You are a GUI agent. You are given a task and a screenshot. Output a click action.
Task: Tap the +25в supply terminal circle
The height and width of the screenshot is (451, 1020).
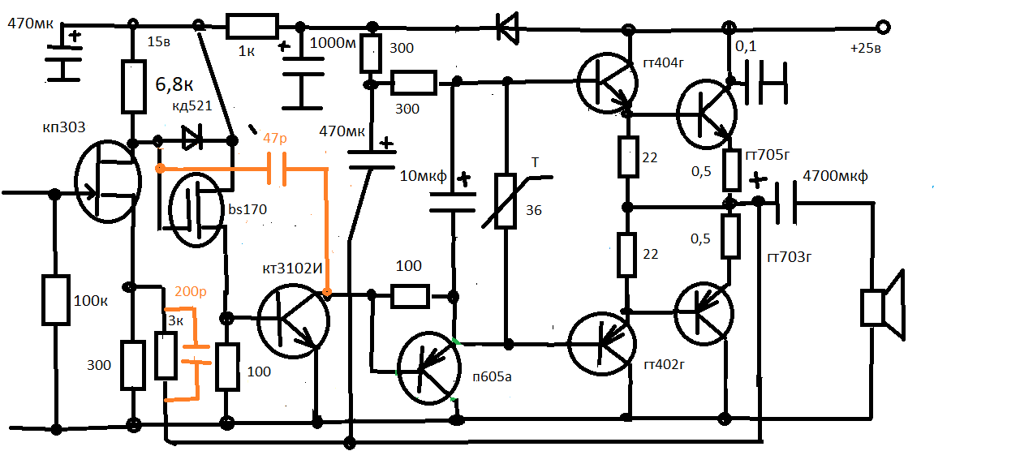click(x=884, y=28)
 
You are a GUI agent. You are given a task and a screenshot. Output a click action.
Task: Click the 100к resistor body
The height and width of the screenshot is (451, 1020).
click(x=56, y=301)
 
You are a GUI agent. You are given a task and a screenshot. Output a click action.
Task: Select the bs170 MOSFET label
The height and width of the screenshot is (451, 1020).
click(x=247, y=210)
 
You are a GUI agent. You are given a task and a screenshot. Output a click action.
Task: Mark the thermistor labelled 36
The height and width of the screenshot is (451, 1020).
click(x=506, y=201)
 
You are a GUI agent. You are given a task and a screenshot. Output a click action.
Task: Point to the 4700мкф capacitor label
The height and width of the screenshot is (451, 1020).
click(x=833, y=175)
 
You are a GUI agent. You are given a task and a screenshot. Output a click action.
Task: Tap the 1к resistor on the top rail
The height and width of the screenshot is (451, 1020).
click(x=252, y=27)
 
